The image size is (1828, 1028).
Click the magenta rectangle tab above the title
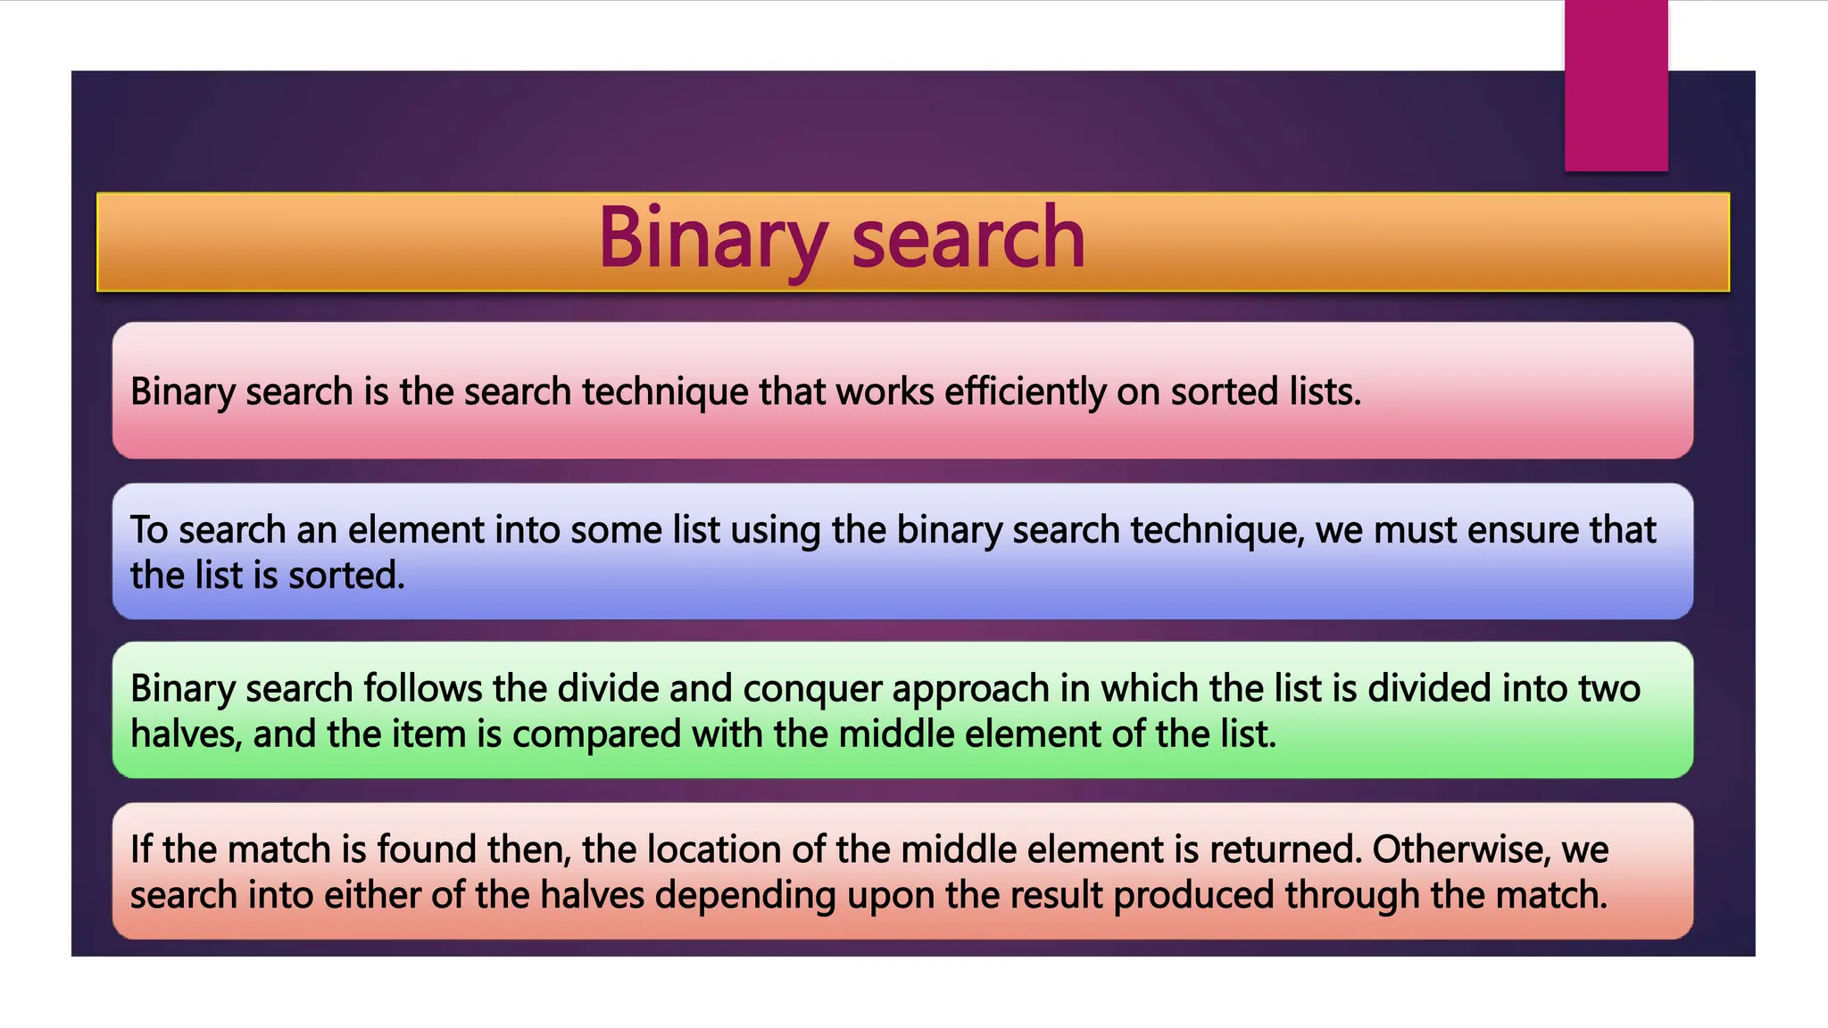(1616, 86)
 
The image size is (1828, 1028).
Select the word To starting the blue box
(149, 530)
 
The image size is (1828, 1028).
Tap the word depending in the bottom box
(745, 896)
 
